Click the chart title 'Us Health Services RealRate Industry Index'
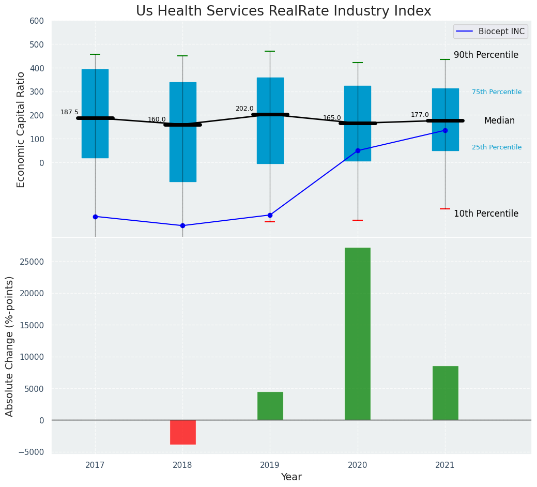pyautogui.click(x=283, y=11)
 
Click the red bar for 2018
pyautogui.click(x=183, y=432)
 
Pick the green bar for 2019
pyautogui.click(x=270, y=406)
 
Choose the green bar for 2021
pyautogui.click(x=445, y=393)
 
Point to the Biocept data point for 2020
pyautogui.click(x=358, y=150)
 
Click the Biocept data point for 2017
pyautogui.click(x=95, y=217)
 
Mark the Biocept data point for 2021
pyautogui.click(x=445, y=130)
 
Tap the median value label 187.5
pyautogui.click(x=69, y=112)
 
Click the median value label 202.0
pyautogui.click(x=244, y=109)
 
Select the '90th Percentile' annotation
pyautogui.click(x=486, y=55)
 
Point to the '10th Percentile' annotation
pyautogui.click(x=486, y=214)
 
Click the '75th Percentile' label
pyautogui.click(x=497, y=92)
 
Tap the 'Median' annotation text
pyautogui.click(x=499, y=120)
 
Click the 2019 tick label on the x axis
pyautogui.click(x=270, y=465)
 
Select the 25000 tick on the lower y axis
pyautogui.click(x=33, y=262)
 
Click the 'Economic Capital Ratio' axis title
pyautogui.click(x=21, y=129)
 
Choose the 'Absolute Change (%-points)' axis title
pyautogui.click(x=10, y=346)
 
